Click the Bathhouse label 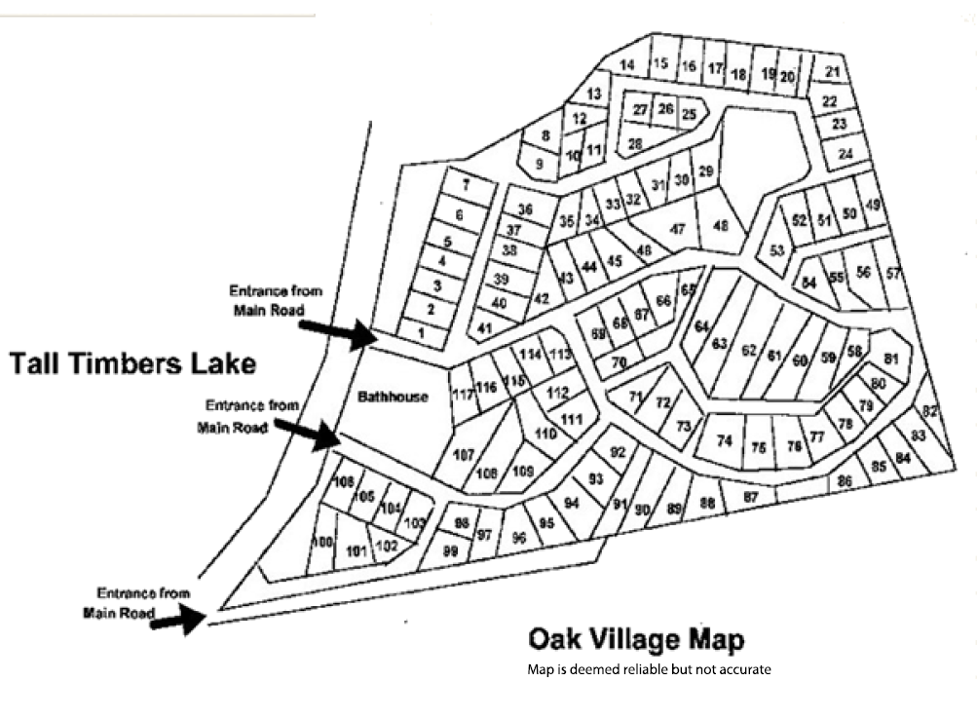393,397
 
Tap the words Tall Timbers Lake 132,364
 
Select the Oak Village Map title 635,640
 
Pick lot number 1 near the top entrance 421,333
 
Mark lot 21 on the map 832,71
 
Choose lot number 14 628,65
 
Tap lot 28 635,143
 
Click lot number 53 776,250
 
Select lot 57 892,273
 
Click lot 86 845,480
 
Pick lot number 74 724,441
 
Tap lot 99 450,550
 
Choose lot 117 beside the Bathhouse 462,395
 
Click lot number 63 720,343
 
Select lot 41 483,328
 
